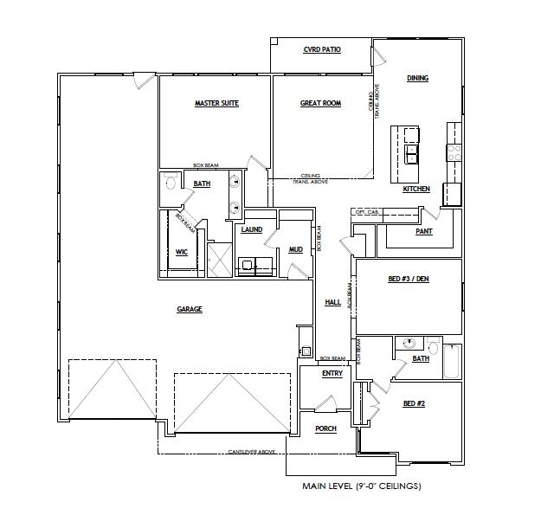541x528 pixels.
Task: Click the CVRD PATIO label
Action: pos(321,50)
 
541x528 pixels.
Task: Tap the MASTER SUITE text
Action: pos(216,104)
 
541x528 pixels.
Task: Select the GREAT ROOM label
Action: pos(320,104)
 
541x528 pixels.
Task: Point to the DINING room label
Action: pos(417,79)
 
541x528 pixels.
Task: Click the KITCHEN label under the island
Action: pos(416,189)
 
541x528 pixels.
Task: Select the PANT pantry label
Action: pos(424,232)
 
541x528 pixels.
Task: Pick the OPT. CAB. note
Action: pos(366,212)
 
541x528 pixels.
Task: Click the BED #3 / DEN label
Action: pos(407,279)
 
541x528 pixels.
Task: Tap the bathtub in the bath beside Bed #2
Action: pos(452,361)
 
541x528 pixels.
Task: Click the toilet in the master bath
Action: pos(171,184)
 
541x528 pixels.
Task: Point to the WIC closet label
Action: pos(182,252)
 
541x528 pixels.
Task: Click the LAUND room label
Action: pos(252,230)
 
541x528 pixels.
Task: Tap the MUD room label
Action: pos(295,249)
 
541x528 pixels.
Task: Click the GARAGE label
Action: pos(190,309)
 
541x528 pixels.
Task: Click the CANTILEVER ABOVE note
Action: pos(252,452)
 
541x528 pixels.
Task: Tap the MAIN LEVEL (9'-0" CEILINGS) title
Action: pos(362,486)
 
